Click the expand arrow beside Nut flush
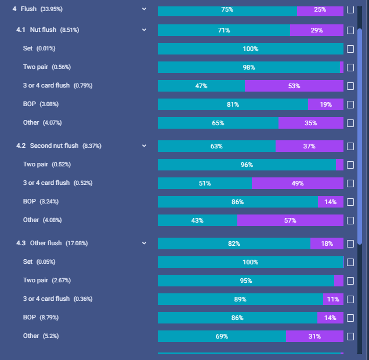(144, 30)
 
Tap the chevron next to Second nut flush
(144, 146)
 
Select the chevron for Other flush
(144, 243)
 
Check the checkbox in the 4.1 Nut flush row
(350, 30)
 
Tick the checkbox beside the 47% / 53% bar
(350, 86)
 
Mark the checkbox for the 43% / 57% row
(350, 220)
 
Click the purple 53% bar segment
(294, 86)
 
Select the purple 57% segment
(290, 220)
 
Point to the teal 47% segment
(201, 86)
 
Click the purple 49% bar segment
(298, 183)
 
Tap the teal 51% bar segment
(205, 183)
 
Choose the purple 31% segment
(314, 336)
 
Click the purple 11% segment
(333, 299)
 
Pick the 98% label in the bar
(249, 67)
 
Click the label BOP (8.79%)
(41, 318)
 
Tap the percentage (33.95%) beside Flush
(51, 9)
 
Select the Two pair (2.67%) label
(47, 280)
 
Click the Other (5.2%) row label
(41, 336)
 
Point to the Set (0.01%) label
(39, 49)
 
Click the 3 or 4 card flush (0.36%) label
(57, 299)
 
